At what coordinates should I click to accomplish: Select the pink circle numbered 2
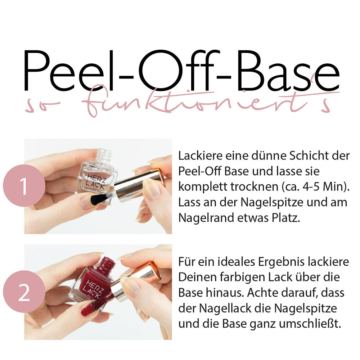tap(24, 292)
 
